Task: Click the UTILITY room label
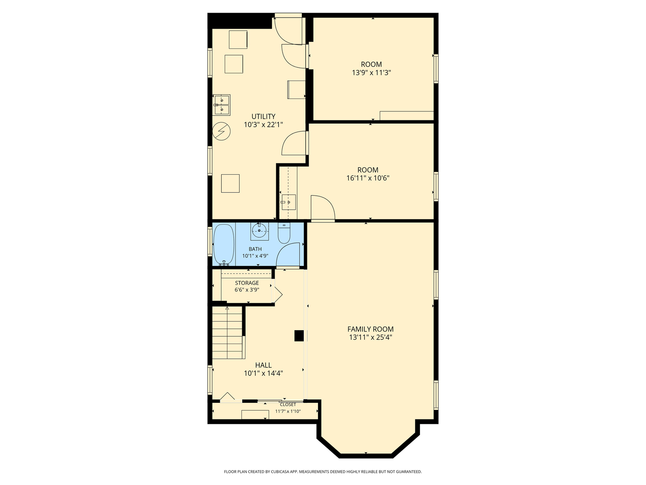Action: tap(263, 116)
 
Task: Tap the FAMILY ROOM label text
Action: tap(371, 329)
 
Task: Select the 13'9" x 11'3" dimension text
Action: tap(371, 72)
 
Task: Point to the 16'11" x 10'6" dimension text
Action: tap(367, 178)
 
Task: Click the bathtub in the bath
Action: tap(223, 244)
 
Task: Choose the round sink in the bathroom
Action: tap(259, 231)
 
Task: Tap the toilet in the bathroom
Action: tap(284, 234)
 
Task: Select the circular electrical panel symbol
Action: tap(221, 131)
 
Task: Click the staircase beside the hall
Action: tap(228, 333)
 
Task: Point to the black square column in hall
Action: tap(299, 336)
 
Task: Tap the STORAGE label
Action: tap(247, 283)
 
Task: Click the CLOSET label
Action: tap(288, 405)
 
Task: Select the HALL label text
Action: tap(263, 365)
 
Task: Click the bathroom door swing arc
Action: tap(288, 255)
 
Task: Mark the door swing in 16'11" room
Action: tap(323, 208)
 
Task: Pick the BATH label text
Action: tap(255, 249)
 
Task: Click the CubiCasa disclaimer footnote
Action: tap(323, 472)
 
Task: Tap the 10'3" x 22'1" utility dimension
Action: tap(263, 125)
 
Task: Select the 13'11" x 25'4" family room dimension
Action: tap(371, 337)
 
